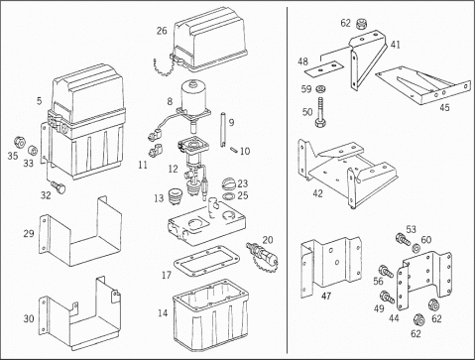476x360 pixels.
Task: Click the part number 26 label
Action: click(x=162, y=31)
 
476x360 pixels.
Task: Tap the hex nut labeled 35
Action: click(x=20, y=143)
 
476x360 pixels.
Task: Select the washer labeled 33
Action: click(x=32, y=151)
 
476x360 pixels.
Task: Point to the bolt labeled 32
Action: click(x=59, y=187)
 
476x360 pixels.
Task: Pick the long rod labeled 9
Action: click(x=222, y=130)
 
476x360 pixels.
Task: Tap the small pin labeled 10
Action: click(x=234, y=150)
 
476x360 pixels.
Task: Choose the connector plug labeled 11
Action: click(x=156, y=151)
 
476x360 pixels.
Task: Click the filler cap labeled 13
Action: click(x=176, y=197)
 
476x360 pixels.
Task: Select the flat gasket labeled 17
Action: click(x=206, y=261)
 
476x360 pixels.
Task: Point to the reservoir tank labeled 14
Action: click(x=210, y=314)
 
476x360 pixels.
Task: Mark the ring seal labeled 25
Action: click(x=228, y=196)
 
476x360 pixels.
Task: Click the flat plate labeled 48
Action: click(x=324, y=68)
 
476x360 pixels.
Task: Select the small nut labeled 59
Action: click(x=319, y=88)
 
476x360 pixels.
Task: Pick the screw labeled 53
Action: click(x=403, y=240)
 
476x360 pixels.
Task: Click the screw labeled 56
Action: click(x=387, y=271)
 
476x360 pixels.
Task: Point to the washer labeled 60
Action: click(x=417, y=247)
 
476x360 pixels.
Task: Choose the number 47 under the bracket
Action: click(x=326, y=296)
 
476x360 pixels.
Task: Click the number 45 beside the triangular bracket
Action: click(x=444, y=107)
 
